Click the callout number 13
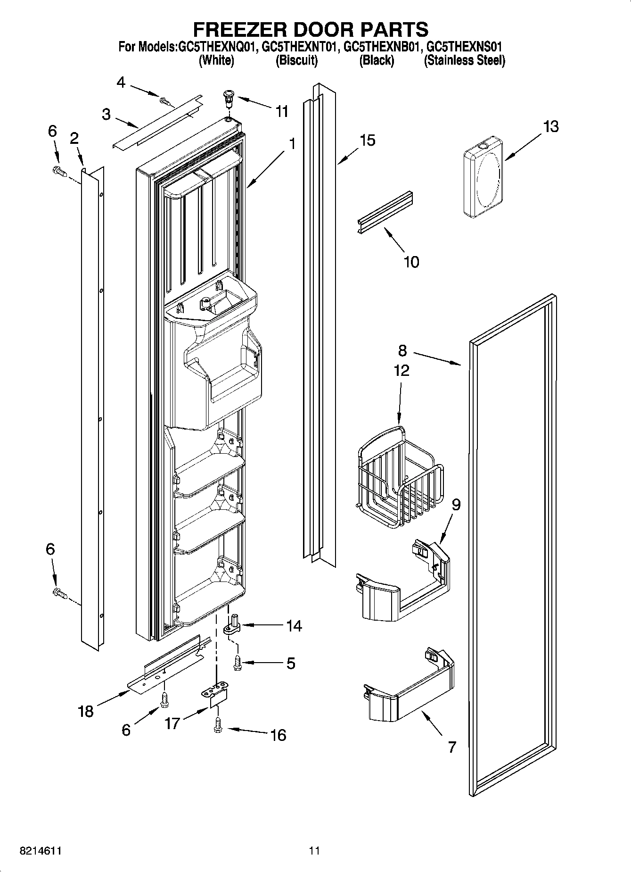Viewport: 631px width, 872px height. pos(550,126)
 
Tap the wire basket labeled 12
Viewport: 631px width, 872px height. pos(399,476)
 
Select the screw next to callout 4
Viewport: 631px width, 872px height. pos(164,100)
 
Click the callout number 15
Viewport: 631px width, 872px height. pos(367,140)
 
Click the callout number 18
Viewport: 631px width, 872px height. pos(86,711)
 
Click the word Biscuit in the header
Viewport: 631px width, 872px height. pos(296,60)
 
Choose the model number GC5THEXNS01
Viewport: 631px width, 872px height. pos(464,47)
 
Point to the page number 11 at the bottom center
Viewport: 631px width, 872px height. pos(314,850)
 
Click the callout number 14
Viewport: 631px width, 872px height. pos(294,626)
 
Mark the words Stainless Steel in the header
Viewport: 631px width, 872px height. pos(464,60)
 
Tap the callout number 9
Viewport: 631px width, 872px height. pos(456,505)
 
